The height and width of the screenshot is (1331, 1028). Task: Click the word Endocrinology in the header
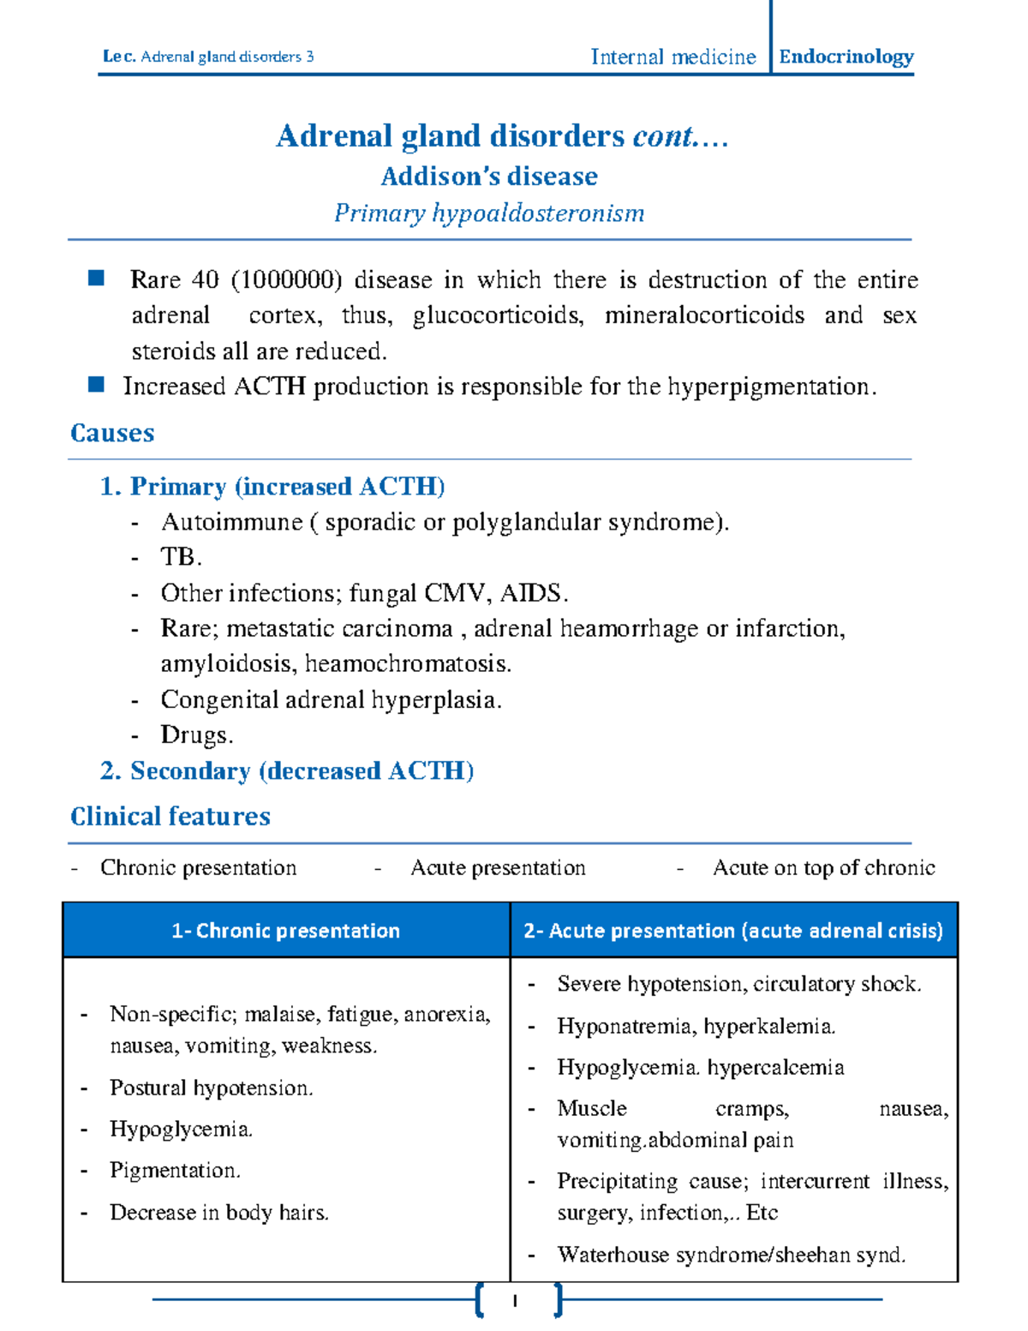tap(846, 57)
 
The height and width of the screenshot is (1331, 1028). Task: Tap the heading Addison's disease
tap(489, 176)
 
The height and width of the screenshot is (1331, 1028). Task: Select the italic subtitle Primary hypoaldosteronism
tap(489, 213)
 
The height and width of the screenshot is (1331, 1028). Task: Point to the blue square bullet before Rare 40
tap(96, 278)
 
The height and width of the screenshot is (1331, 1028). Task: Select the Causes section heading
tap(112, 433)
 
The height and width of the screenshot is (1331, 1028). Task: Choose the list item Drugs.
tap(196, 735)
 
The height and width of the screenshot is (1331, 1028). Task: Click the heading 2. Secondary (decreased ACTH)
tap(287, 770)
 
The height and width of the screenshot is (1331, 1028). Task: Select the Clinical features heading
tap(170, 816)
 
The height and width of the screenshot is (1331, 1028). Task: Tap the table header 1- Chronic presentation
tap(286, 931)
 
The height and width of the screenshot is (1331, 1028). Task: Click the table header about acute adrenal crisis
tap(733, 931)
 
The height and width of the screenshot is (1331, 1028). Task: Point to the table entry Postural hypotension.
tap(211, 1088)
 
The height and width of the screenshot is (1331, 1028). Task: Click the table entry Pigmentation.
tap(175, 1171)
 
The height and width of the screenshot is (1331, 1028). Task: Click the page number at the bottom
tap(515, 1301)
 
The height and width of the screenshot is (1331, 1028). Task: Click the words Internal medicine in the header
tap(673, 57)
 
